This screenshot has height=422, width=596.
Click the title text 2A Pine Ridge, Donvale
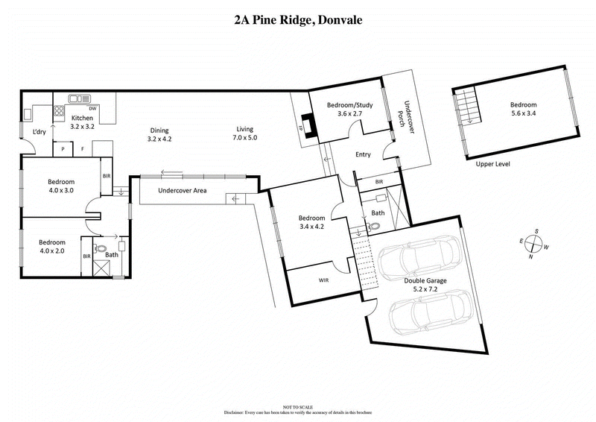297,20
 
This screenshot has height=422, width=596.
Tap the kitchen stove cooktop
57,112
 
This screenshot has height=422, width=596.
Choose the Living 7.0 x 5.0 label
245,133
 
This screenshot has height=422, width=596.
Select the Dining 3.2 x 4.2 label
159,133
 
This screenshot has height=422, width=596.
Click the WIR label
323,281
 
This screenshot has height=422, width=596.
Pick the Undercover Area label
182,191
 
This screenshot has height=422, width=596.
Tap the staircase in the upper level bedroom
466,106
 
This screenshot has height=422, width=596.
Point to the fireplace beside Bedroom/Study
307,126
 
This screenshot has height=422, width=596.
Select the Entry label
363,155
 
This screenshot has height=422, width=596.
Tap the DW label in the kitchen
93,109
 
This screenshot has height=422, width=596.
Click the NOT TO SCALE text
297,407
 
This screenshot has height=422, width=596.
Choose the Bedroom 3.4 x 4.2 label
311,223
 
